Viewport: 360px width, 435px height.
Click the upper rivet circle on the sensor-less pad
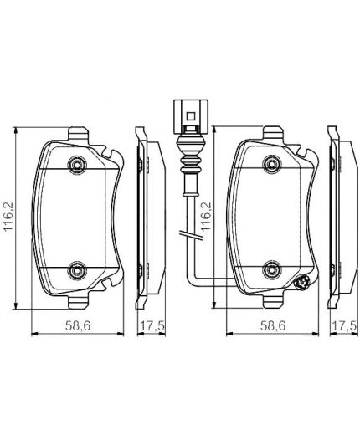[x=77, y=165]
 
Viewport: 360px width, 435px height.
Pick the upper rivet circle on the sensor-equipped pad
[x=273, y=165]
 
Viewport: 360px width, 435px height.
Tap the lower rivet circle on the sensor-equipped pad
[x=273, y=269]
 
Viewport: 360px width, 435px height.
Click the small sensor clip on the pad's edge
[x=305, y=284]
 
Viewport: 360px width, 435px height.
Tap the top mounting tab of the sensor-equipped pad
[x=273, y=133]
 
